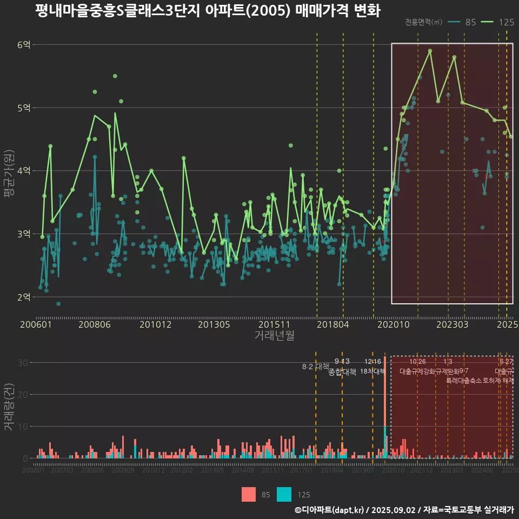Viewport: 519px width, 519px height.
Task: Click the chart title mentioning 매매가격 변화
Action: click(208, 11)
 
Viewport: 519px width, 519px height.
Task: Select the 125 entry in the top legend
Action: click(506, 22)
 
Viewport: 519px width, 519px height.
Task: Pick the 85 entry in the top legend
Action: click(470, 22)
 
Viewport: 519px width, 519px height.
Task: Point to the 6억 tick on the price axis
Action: click(24, 45)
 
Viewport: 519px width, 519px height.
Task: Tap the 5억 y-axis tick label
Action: click(24, 108)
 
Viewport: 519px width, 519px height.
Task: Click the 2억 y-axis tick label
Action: click(24, 297)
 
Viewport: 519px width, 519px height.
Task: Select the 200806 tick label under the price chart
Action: click(95, 324)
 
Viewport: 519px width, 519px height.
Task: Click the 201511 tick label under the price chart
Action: click(274, 324)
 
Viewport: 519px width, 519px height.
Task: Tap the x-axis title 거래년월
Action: click(274, 335)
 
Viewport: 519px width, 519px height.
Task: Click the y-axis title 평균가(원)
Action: click(9, 171)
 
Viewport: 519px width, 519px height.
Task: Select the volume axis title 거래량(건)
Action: click(9, 407)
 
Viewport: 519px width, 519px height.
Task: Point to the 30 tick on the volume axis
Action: click(22, 363)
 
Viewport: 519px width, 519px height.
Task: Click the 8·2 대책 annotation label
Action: click(316, 367)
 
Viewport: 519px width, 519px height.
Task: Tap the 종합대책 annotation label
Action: click(342, 372)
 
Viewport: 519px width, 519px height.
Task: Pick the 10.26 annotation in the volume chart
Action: click(417, 362)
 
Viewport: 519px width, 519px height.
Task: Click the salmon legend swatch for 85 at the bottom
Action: click(249, 494)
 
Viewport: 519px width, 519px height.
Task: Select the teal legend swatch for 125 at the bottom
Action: click(284, 494)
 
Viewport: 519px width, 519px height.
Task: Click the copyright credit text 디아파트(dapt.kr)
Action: click(329, 510)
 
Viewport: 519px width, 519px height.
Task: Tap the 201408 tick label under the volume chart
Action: click(243, 470)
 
